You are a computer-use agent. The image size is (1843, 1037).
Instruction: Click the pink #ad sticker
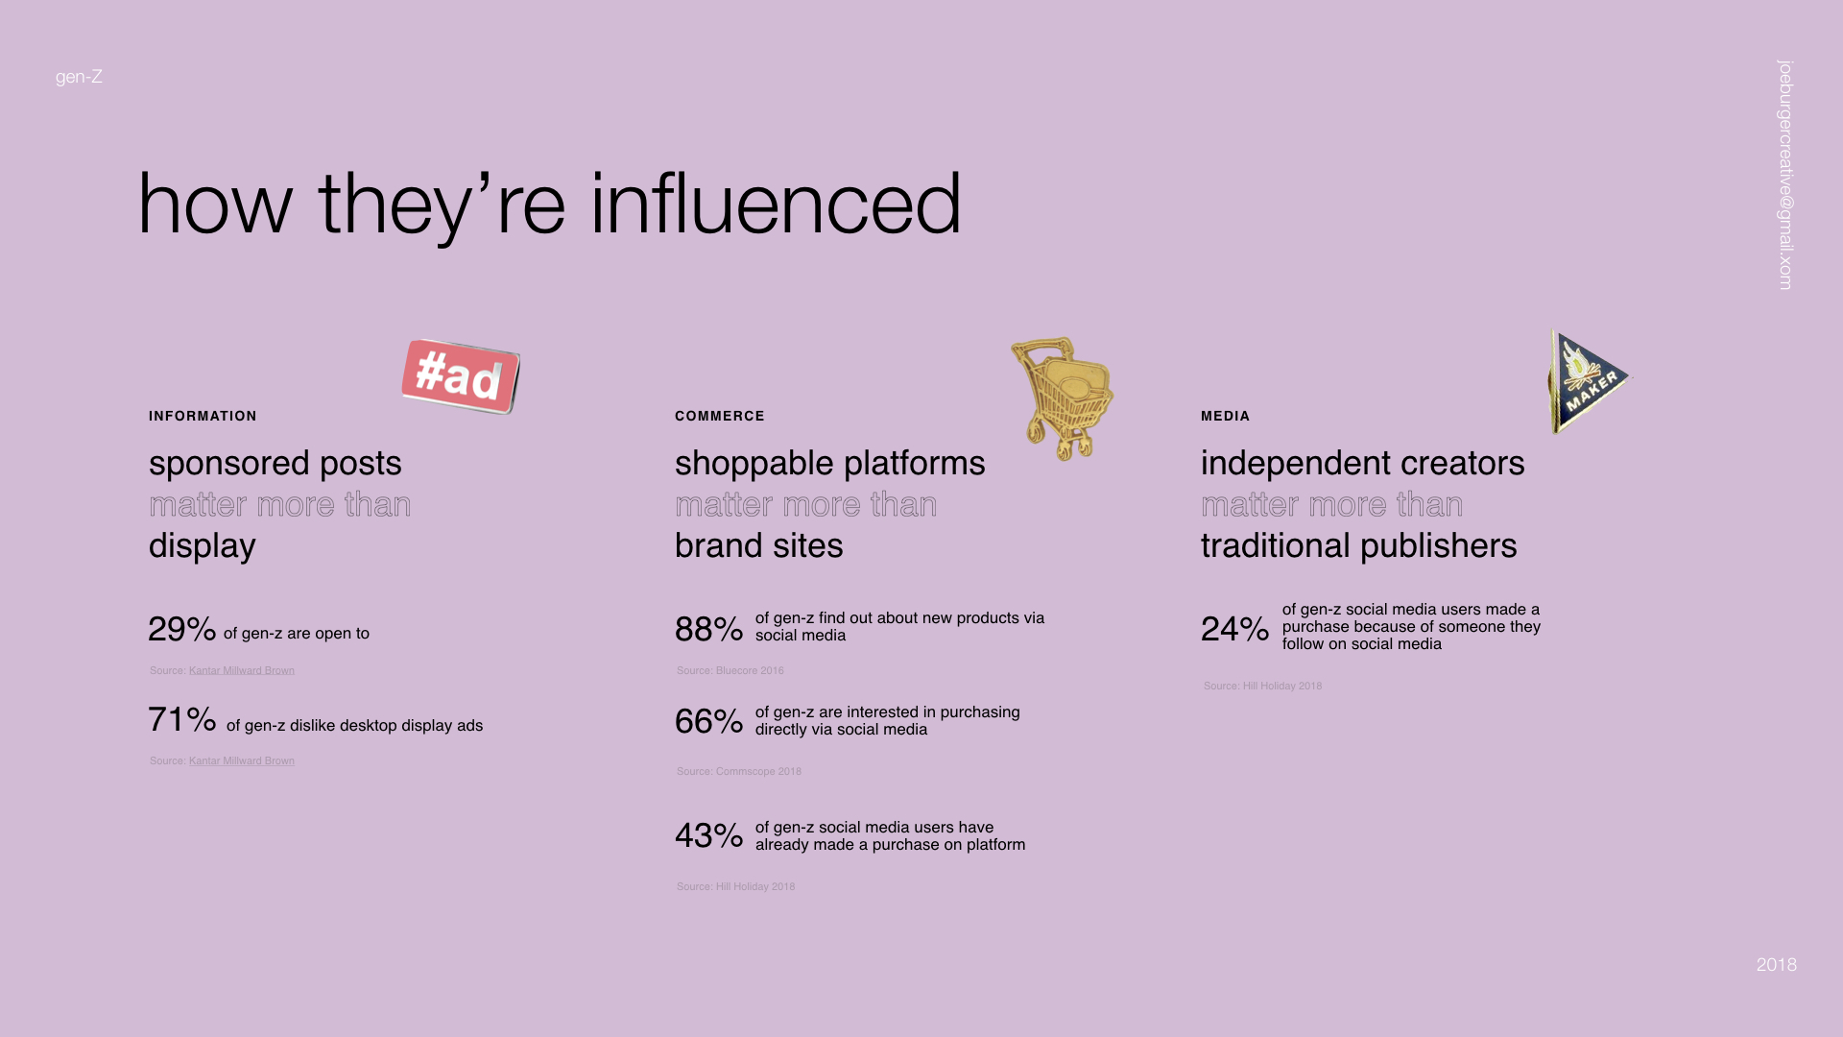click(461, 376)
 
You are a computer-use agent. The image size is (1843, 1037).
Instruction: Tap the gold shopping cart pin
click(1063, 398)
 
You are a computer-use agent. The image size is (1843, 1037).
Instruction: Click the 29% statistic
click(182, 629)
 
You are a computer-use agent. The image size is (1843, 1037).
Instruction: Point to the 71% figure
click(182, 719)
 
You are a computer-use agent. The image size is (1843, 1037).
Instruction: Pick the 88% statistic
click(708, 629)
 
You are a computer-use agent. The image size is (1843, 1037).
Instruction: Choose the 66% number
click(708, 721)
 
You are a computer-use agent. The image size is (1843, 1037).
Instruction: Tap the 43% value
click(708, 835)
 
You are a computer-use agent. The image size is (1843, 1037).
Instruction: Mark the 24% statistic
click(1234, 628)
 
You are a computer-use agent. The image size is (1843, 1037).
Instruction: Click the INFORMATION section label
click(203, 416)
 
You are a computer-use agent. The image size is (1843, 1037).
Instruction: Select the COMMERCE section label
click(720, 416)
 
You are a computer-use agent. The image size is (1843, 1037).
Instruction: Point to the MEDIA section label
click(1226, 416)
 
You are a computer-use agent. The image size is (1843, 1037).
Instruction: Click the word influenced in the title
click(776, 204)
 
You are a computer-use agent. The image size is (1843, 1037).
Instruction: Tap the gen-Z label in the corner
click(79, 77)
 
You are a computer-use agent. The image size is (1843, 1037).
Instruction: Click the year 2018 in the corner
click(1777, 965)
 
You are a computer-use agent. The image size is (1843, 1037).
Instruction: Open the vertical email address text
click(1785, 175)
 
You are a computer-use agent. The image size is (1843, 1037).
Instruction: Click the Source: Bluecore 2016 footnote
click(730, 670)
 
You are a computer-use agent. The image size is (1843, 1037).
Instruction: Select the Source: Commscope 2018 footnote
click(739, 771)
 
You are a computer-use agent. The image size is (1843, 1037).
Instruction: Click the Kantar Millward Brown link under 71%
click(242, 760)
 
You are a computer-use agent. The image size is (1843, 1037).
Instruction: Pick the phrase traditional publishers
click(1359, 545)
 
